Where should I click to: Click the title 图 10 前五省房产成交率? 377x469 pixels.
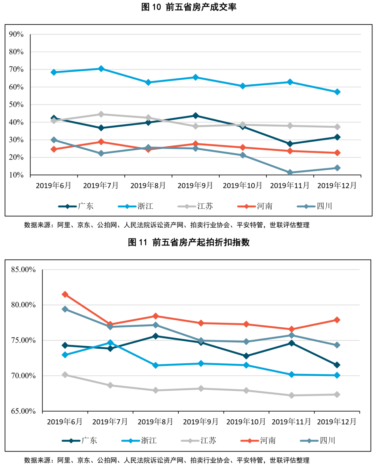coord(189,7)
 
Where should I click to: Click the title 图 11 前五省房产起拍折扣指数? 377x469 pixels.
coord(189,242)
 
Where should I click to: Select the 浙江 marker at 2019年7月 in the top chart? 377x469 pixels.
coord(101,69)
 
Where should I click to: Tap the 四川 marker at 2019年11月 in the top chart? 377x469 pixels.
coord(290,172)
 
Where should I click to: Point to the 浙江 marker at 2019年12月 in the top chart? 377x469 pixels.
coord(337,92)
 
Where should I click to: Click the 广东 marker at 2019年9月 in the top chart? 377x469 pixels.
coord(195,116)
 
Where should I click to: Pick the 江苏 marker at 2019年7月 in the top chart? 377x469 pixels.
coord(101,114)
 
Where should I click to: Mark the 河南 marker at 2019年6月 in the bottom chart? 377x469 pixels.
coord(65,294)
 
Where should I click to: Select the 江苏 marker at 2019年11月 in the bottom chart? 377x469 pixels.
coord(291,395)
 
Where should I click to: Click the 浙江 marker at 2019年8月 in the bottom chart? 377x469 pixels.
coord(156,365)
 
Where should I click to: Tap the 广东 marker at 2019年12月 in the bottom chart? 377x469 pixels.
coord(337,365)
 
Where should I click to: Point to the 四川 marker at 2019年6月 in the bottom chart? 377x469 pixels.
coord(65,309)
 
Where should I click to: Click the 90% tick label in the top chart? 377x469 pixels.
coord(16,34)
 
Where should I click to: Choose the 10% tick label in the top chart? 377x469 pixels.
coord(16,175)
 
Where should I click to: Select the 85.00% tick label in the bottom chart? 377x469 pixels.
coord(23,270)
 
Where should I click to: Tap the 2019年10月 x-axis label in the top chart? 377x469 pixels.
coord(242,185)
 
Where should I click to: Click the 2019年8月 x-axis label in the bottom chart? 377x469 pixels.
coord(155,421)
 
